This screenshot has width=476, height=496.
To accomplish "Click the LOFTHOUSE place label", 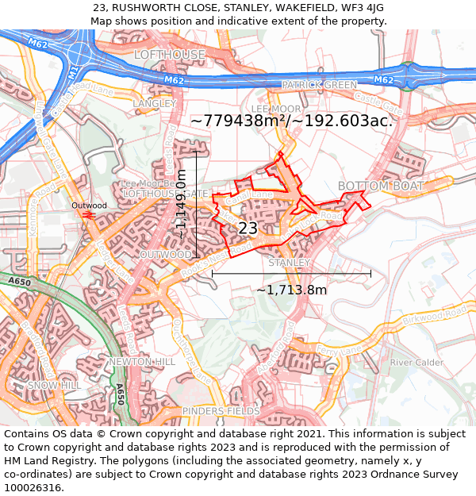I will tap(170, 55).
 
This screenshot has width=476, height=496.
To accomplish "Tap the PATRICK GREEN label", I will tap(320, 85).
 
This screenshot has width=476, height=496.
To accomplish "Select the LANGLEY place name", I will tap(154, 104).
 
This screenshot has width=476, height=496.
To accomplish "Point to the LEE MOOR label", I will tap(276, 108).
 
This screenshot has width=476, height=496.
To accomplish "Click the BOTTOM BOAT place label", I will tap(380, 186).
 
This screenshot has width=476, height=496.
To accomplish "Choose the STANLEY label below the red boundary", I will tap(289, 262).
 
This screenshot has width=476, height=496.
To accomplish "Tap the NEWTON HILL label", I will tap(143, 362).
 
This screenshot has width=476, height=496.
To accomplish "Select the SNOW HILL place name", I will tap(54, 385).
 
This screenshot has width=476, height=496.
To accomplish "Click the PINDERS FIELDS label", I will tap(221, 411).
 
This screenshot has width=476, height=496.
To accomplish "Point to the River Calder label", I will tap(416, 363).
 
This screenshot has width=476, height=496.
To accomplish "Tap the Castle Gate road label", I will tap(378, 102).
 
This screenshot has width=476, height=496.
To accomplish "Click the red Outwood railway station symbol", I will tap(89, 215).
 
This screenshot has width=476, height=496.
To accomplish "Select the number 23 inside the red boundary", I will tap(248, 229).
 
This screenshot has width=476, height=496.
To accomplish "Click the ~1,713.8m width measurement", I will tap(291, 290).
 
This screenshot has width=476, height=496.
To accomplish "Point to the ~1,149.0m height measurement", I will tap(182, 204).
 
